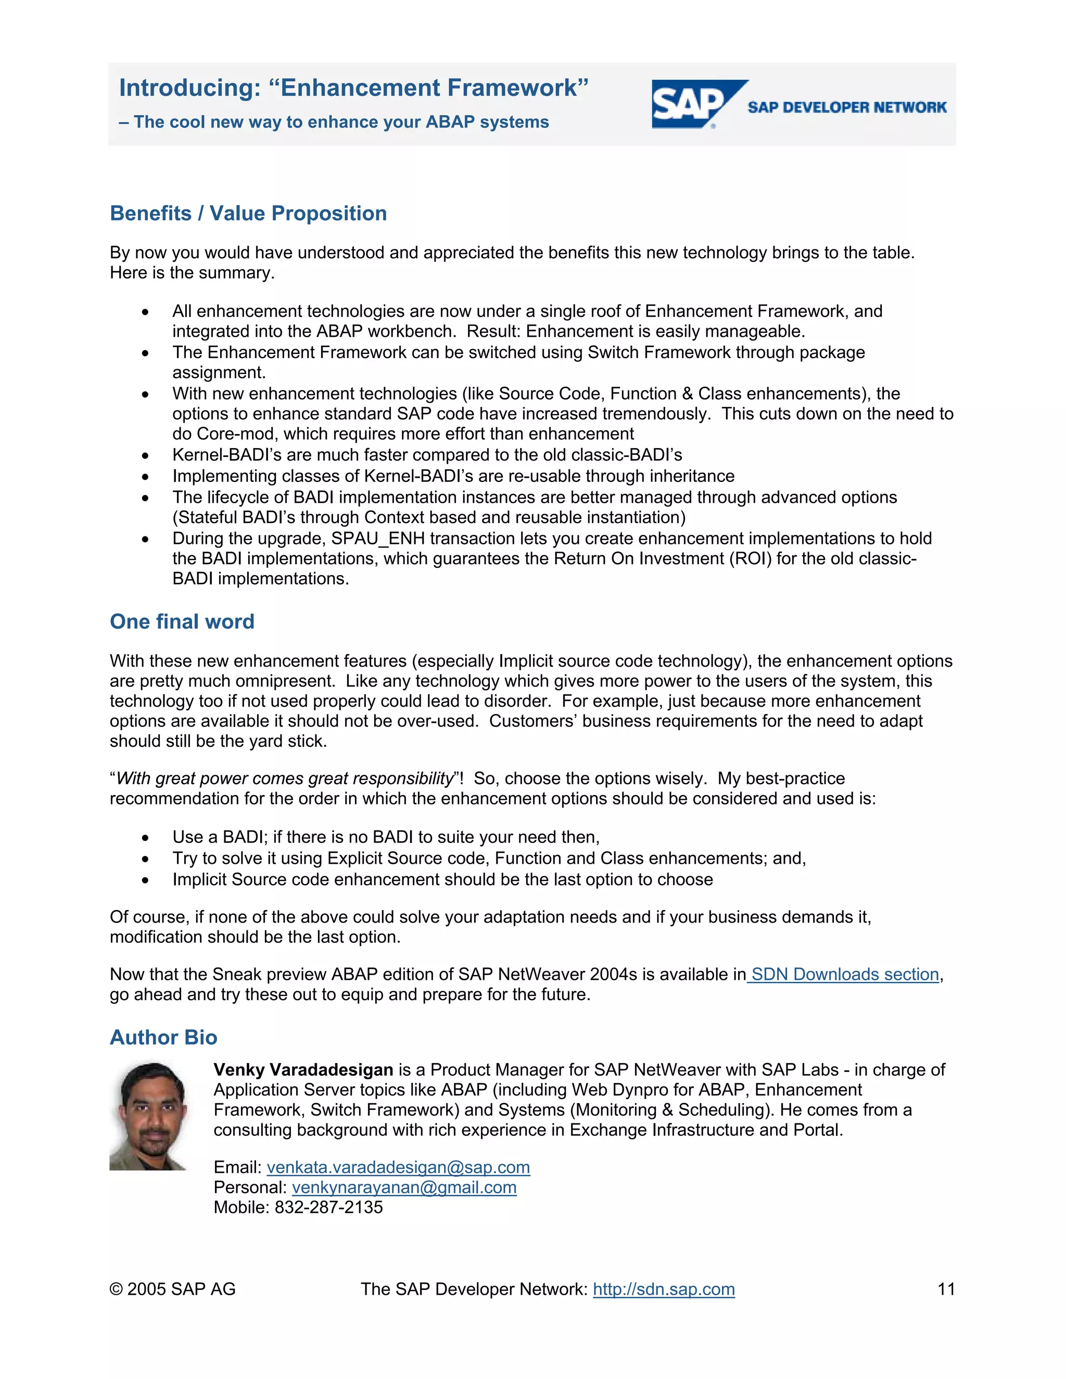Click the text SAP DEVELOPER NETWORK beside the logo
point(847,107)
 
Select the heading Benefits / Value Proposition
point(248,213)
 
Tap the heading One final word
point(182,621)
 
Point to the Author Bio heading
point(163,1038)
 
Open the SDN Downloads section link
point(844,974)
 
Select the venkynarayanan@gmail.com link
point(404,1187)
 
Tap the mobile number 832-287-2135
point(328,1207)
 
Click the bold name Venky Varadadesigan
point(303,1069)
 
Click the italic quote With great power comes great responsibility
point(285,778)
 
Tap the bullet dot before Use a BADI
point(145,838)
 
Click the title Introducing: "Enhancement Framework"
point(353,88)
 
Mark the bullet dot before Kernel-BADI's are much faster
point(145,456)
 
